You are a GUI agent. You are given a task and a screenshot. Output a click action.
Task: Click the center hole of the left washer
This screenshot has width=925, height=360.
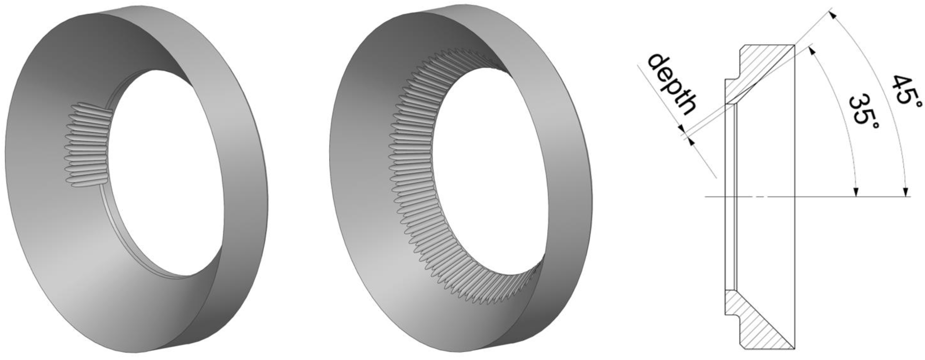click(x=165, y=172)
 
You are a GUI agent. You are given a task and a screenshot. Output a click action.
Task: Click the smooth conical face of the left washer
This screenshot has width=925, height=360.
click(x=54, y=215)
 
